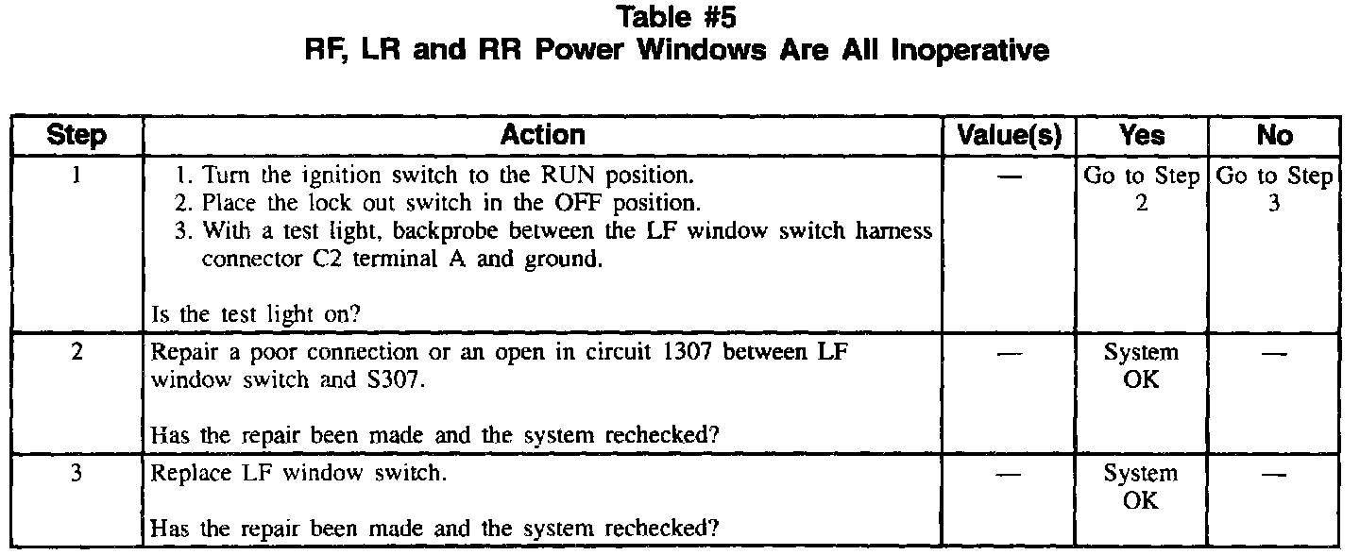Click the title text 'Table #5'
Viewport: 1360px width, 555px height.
click(677, 16)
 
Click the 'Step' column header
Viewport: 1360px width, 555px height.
click(77, 136)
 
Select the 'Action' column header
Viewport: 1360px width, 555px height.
click(542, 135)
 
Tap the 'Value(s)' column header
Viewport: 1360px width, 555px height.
click(1010, 136)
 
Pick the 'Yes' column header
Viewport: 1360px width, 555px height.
click(1141, 136)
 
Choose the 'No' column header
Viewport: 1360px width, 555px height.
click(1274, 136)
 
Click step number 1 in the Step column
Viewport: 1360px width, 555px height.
click(76, 176)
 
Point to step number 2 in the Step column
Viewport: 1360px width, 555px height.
click(76, 353)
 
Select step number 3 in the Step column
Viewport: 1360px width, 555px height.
click(76, 473)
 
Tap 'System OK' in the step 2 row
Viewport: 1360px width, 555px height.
click(1141, 366)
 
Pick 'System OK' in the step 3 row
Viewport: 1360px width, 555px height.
click(1141, 486)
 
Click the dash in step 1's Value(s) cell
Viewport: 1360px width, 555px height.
click(1010, 177)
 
